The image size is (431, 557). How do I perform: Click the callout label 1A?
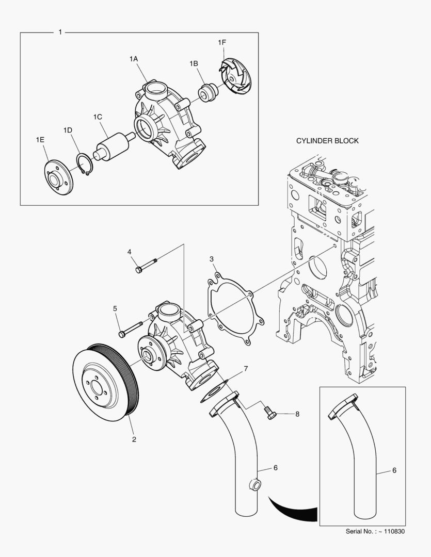[x=133, y=59]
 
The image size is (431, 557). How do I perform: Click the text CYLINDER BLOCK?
[x=327, y=141]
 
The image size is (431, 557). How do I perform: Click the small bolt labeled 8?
[x=270, y=412]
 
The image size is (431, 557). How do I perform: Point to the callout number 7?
[x=246, y=369]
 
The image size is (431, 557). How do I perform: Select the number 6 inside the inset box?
[x=394, y=470]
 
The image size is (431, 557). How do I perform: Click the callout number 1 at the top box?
[x=60, y=32]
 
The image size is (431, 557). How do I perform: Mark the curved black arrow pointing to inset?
[x=292, y=511]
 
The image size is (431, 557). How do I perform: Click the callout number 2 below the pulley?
[x=134, y=439]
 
